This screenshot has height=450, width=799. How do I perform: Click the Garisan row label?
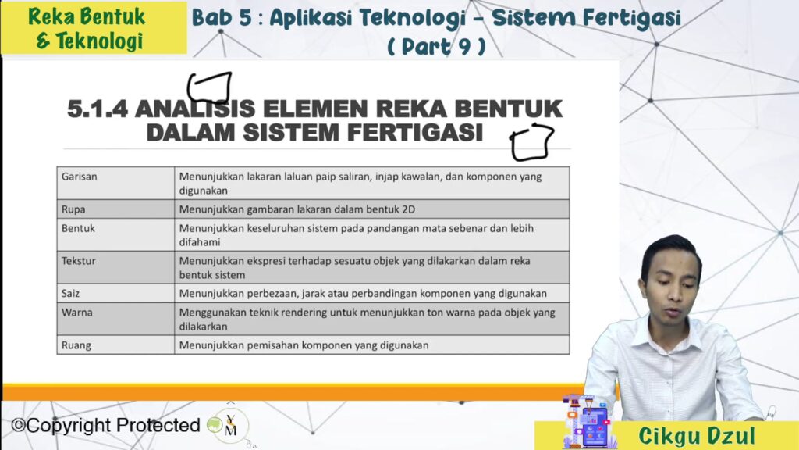pyautogui.click(x=79, y=177)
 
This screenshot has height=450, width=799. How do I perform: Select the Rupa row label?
pyautogui.click(x=73, y=209)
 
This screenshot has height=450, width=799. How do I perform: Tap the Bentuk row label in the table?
pyautogui.click(x=78, y=228)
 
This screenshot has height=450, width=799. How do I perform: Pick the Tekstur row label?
pyautogui.click(x=79, y=261)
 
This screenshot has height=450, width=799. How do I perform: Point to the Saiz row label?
pyautogui.click(x=70, y=294)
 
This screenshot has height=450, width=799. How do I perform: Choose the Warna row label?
pyautogui.click(x=77, y=312)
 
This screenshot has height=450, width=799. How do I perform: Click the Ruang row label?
pyautogui.click(x=76, y=345)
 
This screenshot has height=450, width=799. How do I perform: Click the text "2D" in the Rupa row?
pyautogui.click(x=408, y=209)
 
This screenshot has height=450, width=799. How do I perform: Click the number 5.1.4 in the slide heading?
pyautogui.click(x=98, y=109)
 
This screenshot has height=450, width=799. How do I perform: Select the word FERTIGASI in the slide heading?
pyautogui.click(x=415, y=132)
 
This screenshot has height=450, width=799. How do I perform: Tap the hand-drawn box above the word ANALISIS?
pyautogui.click(x=209, y=87)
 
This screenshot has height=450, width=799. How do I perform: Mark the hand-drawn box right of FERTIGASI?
pyautogui.click(x=532, y=142)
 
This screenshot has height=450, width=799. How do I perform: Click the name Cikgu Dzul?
pyautogui.click(x=697, y=436)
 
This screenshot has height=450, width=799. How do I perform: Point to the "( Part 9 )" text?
pyautogui.click(x=436, y=46)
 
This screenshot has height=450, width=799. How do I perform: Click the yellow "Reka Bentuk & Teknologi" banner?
pyautogui.click(x=94, y=28)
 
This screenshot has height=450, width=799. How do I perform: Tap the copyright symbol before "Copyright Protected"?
pyautogui.click(x=19, y=425)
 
